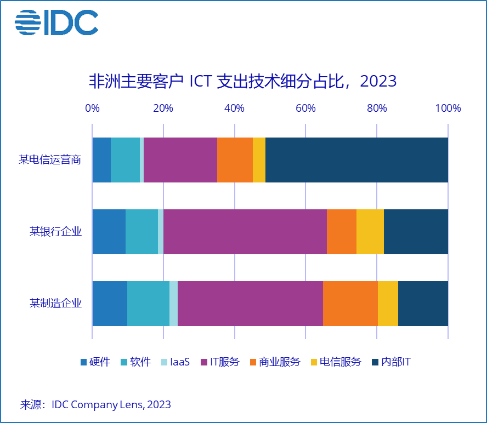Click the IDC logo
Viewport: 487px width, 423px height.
pos(56,22)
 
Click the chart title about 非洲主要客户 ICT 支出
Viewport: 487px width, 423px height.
pos(242,81)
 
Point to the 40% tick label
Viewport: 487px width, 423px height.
pos(234,108)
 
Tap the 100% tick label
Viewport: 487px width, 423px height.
pos(448,108)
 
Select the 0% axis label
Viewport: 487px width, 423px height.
pos(92,108)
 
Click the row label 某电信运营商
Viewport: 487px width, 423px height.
pos(50,160)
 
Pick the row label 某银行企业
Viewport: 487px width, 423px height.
pos(55,232)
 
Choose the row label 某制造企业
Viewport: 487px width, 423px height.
pos(55,303)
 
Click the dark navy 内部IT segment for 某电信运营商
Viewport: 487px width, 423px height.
pos(356,160)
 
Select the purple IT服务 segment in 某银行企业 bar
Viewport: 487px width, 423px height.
pos(245,232)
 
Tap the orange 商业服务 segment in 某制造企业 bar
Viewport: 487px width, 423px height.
pos(350,303)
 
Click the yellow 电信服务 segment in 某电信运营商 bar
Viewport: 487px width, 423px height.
pos(259,160)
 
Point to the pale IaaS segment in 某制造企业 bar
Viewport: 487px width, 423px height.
pos(173,303)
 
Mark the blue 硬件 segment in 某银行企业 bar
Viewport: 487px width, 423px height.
pos(109,232)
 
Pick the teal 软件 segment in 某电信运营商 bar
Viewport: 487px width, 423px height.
pos(125,160)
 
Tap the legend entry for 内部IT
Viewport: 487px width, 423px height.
pos(391,362)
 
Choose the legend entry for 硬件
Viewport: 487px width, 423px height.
pos(95,362)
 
